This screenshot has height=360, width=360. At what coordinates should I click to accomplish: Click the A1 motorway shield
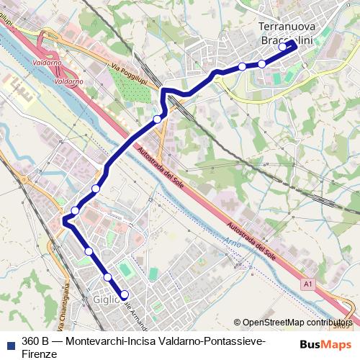point(308,286)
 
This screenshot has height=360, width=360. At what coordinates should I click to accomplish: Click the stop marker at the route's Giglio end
point(124,294)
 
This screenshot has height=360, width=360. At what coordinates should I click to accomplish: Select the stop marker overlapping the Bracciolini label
point(282,48)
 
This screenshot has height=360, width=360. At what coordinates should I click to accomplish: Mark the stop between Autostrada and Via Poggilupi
point(157,119)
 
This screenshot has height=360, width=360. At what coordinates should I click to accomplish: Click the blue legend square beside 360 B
point(9,341)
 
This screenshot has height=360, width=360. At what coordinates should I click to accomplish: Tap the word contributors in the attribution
point(328,323)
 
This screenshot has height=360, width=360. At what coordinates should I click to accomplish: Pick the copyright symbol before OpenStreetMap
point(237,323)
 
